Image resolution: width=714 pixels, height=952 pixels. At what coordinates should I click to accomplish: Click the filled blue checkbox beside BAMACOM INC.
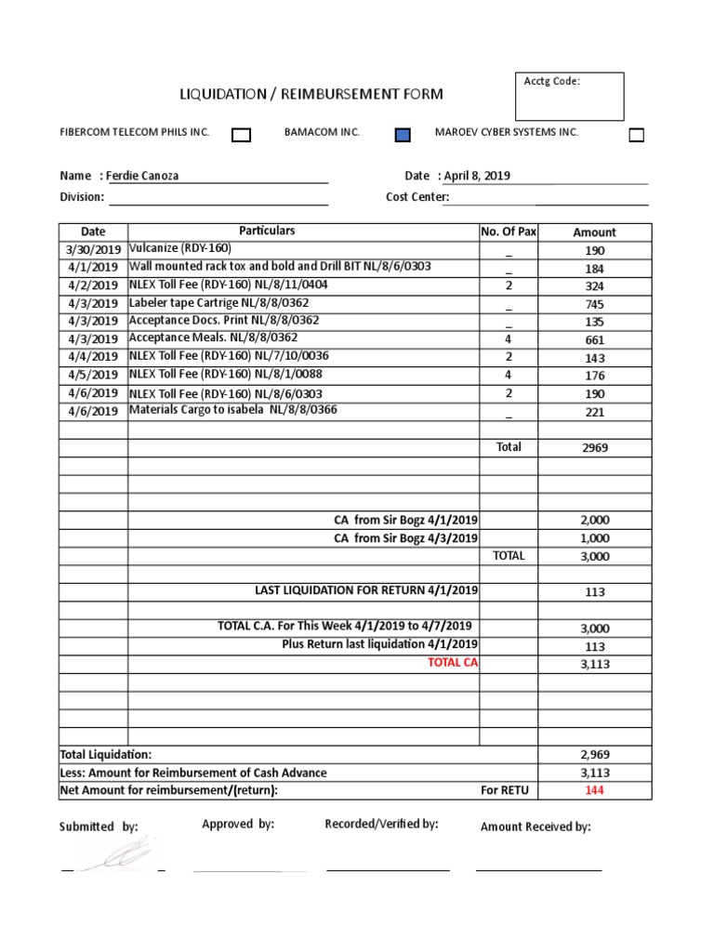[x=403, y=136]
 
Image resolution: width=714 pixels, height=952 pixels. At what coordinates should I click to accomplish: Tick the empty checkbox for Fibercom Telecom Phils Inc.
[x=241, y=136]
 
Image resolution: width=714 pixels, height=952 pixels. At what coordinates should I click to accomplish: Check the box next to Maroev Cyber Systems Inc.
[x=636, y=136]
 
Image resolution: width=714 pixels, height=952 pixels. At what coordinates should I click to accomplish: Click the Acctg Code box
[x=571, y=97]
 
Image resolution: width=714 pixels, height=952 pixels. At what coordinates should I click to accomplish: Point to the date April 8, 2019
[x=476, y=176]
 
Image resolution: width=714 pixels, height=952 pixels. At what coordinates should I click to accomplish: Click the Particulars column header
[x=267, y=231]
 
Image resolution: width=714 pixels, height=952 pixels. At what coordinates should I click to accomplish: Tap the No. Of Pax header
[x=509, y=231]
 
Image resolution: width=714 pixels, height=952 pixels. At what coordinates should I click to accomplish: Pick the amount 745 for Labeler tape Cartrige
[x=595, y=304]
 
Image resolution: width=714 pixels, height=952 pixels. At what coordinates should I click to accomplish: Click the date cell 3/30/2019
[x=93, y=250]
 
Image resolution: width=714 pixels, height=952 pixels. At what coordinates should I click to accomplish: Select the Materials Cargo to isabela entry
[x=232, y=410]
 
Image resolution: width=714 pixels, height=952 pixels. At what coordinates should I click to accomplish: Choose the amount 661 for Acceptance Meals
[x=595, y=340]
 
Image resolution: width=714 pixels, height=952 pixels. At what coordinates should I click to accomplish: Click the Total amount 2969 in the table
[x=595, y=448]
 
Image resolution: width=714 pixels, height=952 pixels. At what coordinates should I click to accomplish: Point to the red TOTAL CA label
[x=453, y=663]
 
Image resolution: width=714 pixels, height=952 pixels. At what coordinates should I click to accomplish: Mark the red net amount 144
[x=595, y=790]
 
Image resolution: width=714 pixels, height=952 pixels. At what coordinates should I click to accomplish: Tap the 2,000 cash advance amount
[x=595, y=521]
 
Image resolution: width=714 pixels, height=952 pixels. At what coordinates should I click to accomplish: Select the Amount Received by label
[x=535, y=826]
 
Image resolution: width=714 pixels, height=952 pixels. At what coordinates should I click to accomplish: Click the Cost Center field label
[x=417, y=197]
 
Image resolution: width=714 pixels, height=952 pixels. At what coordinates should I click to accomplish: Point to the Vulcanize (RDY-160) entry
[x=180, y=249]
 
